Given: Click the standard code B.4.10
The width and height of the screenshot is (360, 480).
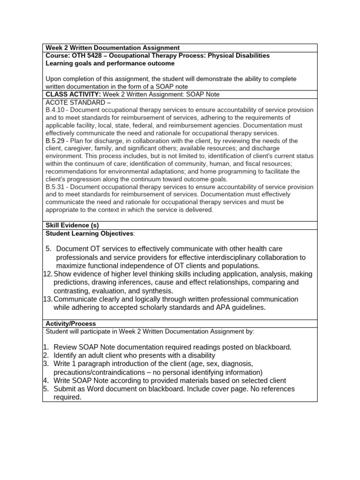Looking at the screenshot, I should [x=56, y=110].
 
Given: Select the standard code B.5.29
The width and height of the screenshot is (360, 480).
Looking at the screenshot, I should [x=56, y=141].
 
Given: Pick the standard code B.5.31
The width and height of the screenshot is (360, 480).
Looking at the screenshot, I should [x=56, y=187].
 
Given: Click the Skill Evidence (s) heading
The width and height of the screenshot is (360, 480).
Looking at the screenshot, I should [x=72, y=225].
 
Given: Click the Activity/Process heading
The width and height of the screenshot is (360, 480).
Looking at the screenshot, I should [x=70, y=324].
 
